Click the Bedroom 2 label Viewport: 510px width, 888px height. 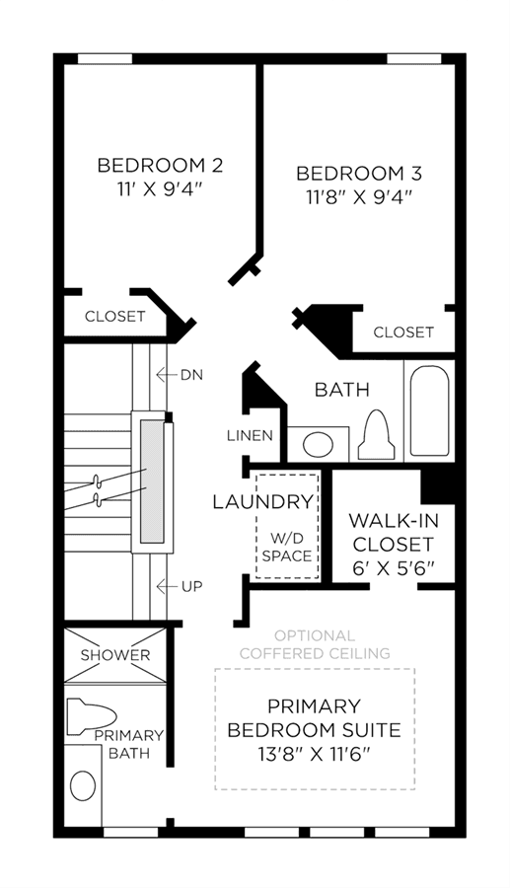click(x=160, y=166)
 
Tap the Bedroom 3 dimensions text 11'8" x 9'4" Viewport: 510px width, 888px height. click(x=358, y=197)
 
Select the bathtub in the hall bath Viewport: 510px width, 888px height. click(x=430, y=410)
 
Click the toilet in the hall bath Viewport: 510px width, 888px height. click(x=375, y=435)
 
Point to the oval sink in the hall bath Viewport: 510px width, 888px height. click(x=317, y=444)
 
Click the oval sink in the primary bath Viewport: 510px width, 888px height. click(x=83, y=785)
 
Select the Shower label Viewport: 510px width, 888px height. click(x=115, y=655)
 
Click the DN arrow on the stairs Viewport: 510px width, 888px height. click(x=166, y=374)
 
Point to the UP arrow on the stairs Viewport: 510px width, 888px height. click(x=166, y=586)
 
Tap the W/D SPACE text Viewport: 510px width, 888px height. click(x=287, y=547)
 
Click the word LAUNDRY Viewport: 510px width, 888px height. click(x=262, y=502)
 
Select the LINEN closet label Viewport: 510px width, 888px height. click(x=251, y=435)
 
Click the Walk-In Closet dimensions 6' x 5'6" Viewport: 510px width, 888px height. click(x=394, y=567)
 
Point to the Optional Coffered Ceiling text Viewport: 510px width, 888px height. click(x=315, y=644)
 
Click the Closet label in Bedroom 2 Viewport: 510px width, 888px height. click(x=114, y=316)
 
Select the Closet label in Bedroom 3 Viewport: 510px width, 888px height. click(x=403, y=332)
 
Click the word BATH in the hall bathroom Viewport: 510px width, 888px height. click(x=342, y=390)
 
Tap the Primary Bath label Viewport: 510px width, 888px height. click(x=129, y=744)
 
